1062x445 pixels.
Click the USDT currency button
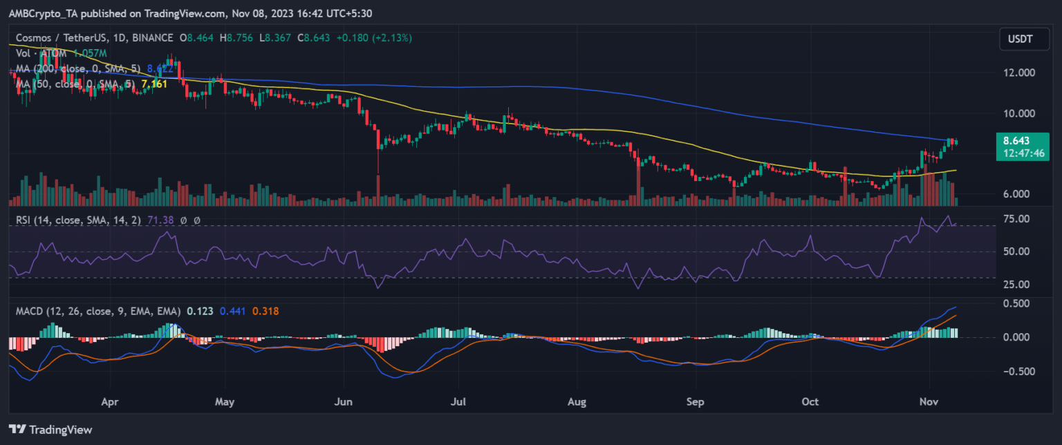pos(1019,39)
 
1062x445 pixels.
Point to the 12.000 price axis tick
pos(1020,73)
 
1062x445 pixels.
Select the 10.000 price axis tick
pos(1020,113)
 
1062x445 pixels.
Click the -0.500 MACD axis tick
pos(1020,371)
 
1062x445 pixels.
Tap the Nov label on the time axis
pos(929,401)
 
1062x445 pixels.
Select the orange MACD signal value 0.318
pos(261,311)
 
